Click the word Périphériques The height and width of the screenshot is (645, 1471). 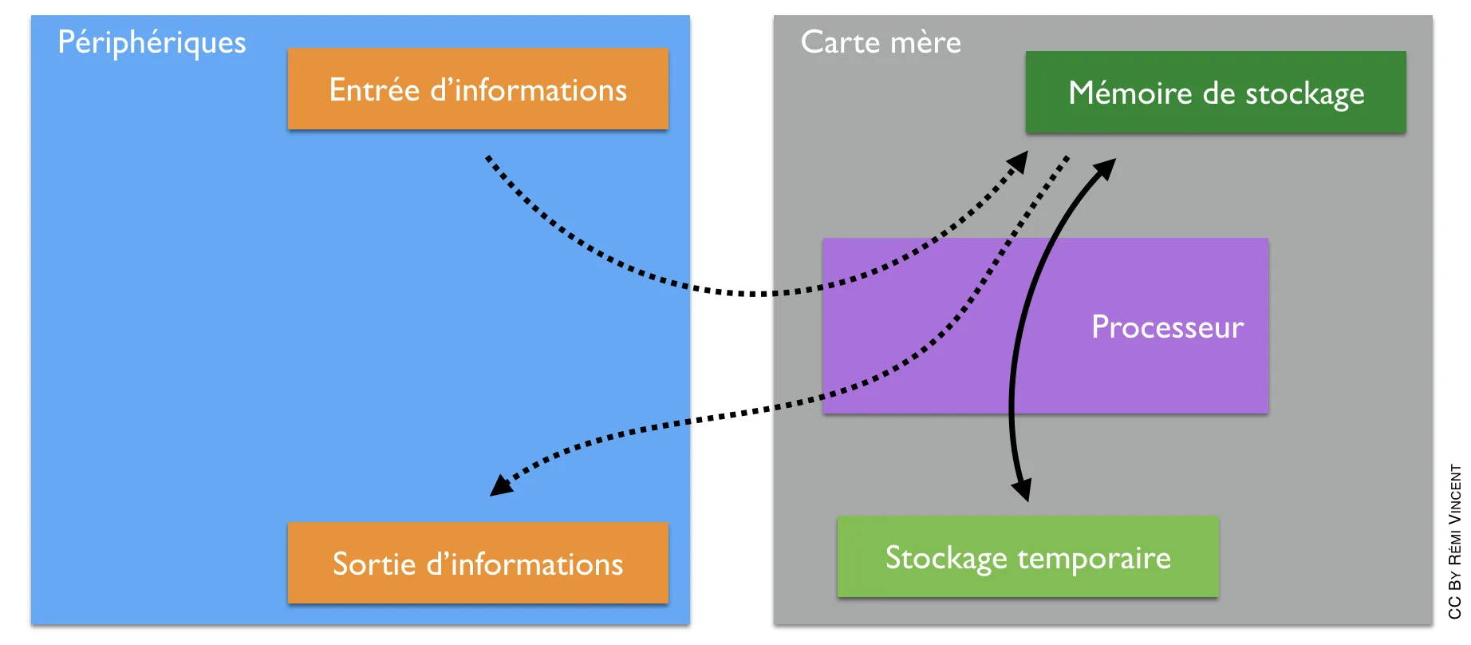[152, 42]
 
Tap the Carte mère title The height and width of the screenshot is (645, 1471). [881, 42]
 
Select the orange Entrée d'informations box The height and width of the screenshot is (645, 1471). [478, 89]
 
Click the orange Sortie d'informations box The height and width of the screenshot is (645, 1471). [478, 563]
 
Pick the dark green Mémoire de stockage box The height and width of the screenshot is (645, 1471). [1216, 92]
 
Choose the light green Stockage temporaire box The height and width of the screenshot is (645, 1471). [1028, 556]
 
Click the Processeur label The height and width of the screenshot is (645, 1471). [1167, 327]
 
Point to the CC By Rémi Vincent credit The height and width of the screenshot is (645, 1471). [1455, 541]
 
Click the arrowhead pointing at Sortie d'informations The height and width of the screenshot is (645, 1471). [502, 485]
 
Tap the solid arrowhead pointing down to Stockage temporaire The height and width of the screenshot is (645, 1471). [1022, 489]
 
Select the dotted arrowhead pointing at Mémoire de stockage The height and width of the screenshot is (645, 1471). [1017, 162]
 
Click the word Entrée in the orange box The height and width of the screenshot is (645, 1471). [374, 90]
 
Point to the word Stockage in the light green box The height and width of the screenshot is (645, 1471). [947, 558]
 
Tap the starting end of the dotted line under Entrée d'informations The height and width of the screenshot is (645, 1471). [487, 157]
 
